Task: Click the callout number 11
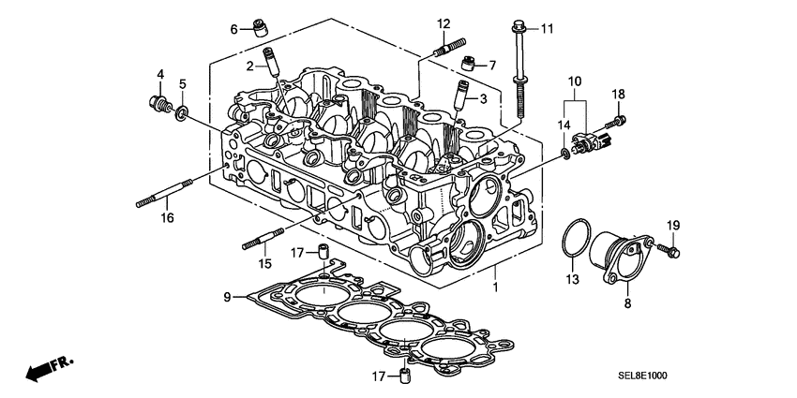pos(547,28)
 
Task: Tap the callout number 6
pos(235,29)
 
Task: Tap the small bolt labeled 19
pos(671,250)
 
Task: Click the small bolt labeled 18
pos(618,121)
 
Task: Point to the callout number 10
pos(575,82)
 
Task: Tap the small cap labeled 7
pos(469,64)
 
